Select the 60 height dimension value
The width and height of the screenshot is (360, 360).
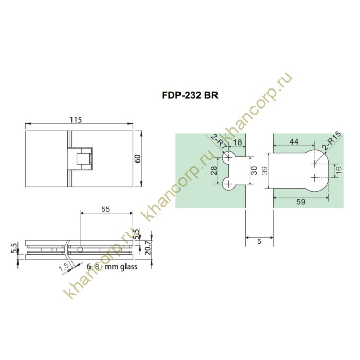138,158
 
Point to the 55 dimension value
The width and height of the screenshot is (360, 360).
106,209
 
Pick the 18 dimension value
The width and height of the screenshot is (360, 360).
237,142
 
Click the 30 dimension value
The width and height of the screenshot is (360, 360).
253,171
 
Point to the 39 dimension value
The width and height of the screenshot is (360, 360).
264,171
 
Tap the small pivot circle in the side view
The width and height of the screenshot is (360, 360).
81,250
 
